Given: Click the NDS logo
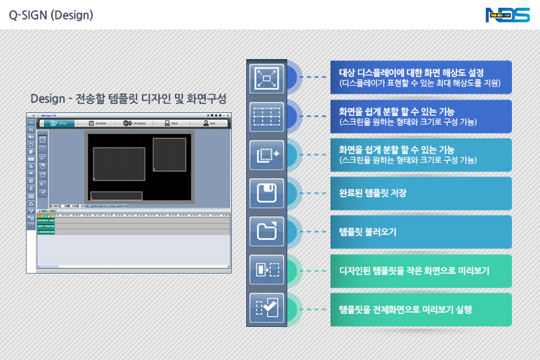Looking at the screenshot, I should pyautogui.click(x=508, y=14).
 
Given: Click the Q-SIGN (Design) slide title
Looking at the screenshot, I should pyautogui.click(x=50, y=14).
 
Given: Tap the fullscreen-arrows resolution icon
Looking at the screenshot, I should pyautogui.click(x=266, y=77).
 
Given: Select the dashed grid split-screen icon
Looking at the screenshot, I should pyautogui.click(x=266, y=115).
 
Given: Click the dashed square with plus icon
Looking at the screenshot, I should pyautogui.click(x=266, y=154).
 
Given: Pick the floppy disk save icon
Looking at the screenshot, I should pyautogui.click(x=266, y=193).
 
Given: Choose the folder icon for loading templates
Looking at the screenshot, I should pyautogui.click(x=266, y=231).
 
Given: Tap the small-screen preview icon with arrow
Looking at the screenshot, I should pyautogui.click(x=266, y=270).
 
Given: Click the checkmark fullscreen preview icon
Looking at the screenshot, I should pyautogui.click(x=266, y=308).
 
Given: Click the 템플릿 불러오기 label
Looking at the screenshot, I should pyautogui.click(x=367, y=232).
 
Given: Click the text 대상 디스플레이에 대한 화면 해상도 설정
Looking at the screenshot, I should pyautogui.click(x=411, y=73).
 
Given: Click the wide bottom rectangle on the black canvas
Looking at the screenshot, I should pyautogui.click(x=116, y=195).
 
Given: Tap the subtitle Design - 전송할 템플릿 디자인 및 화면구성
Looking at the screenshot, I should pyautogui.click(x=128, y=99).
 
